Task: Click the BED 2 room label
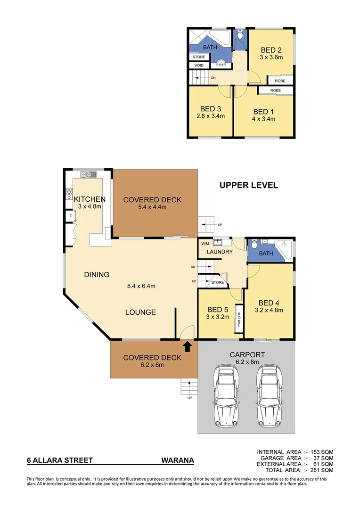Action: (271, 50)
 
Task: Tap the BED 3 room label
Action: (211, 108)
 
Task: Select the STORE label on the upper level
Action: (199, 57)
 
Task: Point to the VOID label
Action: (199, 66)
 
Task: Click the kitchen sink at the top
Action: (88, 174)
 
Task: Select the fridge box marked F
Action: (70, 216)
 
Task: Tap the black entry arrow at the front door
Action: (187, 346)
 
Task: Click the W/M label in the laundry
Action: (205, 244)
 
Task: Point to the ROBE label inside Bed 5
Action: (239, 320)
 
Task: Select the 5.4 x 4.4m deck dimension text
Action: (152, 207)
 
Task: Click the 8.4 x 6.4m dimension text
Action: (139, 286)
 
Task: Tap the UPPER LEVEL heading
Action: (248, 185)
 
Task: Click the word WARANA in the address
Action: (177, 460)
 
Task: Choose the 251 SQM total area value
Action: (322, 470)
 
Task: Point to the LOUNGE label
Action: (140, 312)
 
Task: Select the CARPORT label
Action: (247, 355)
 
